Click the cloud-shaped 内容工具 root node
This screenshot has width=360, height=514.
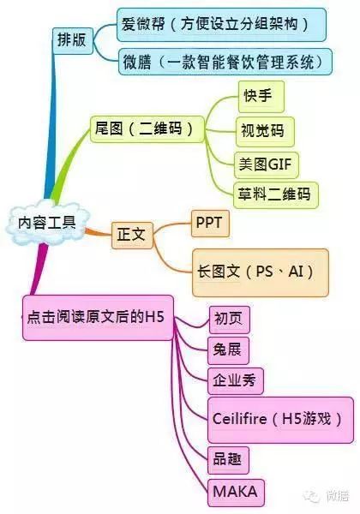[x=47, y=222]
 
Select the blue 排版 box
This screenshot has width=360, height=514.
[x=73, y=40]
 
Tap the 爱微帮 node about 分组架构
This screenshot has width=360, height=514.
[x=222, y=25]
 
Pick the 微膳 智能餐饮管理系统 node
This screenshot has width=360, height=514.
[x=225, y=62]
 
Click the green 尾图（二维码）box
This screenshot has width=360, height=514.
[x=147, y=128]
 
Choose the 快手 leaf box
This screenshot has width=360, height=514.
[x=261, y=97]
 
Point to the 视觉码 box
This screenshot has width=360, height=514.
[x=265, y=131]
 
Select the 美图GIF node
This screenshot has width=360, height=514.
[x=267, y=164]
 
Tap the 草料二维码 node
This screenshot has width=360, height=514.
[x=276, y=194]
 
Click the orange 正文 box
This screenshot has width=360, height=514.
[x=132, y=235]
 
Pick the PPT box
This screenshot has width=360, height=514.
[x=210, y=224]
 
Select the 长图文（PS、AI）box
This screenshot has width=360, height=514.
[x=261, y=272]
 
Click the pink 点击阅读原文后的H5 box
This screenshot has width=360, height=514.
[x=98, y=318]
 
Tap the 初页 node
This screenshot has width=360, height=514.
[x=230, y=320]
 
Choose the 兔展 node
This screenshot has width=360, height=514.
[x=228, y=350]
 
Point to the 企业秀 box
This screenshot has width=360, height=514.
[x=236, y=381]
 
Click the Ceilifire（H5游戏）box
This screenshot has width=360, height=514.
[x=280, y=420]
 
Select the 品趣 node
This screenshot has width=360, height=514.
[x=228, y=460]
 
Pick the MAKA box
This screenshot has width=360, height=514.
[x=236, y=493]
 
